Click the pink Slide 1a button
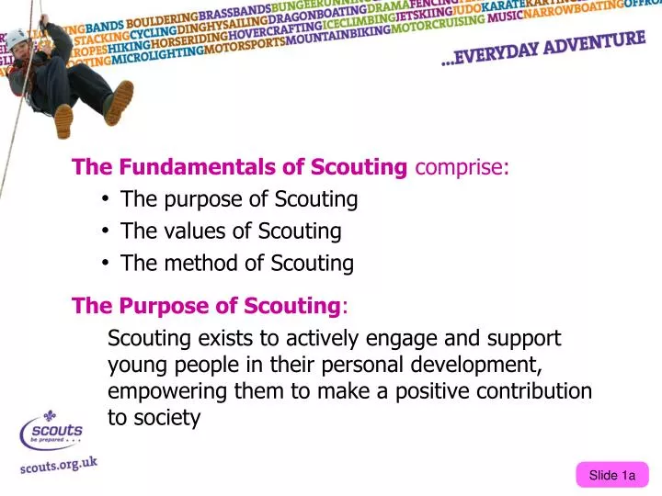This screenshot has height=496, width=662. pos(612,475)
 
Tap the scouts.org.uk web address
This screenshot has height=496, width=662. pos(59,465)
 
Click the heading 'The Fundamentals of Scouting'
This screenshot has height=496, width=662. pos(240,167)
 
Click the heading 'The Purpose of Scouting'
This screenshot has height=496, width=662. pos(205,305)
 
